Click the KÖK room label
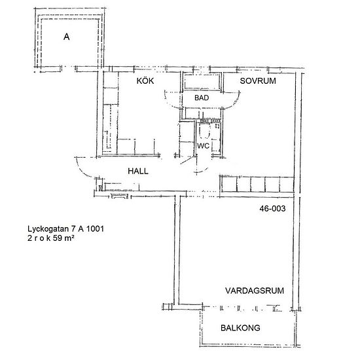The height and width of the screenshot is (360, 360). pos(145,81)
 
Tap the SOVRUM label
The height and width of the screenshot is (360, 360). pos(258,81)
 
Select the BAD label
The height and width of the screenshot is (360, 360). pos(202,98)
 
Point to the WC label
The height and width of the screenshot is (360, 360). pos(203,146)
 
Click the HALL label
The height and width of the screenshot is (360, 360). pos(137,171)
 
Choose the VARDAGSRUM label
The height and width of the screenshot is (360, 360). pos(255,291)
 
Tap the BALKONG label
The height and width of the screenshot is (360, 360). pos(240,328)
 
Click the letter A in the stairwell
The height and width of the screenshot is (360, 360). pos(66,37)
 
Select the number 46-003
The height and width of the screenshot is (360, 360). pos(272,208)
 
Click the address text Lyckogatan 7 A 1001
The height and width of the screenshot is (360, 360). pos(65,228)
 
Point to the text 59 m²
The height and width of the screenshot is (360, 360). pos(63,238)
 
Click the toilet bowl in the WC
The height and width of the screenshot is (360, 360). pos(204,131)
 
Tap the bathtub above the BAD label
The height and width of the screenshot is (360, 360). pos(202,81)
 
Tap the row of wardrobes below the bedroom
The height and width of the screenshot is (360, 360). pos(257,185)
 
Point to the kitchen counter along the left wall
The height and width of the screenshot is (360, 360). pos(110,113)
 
